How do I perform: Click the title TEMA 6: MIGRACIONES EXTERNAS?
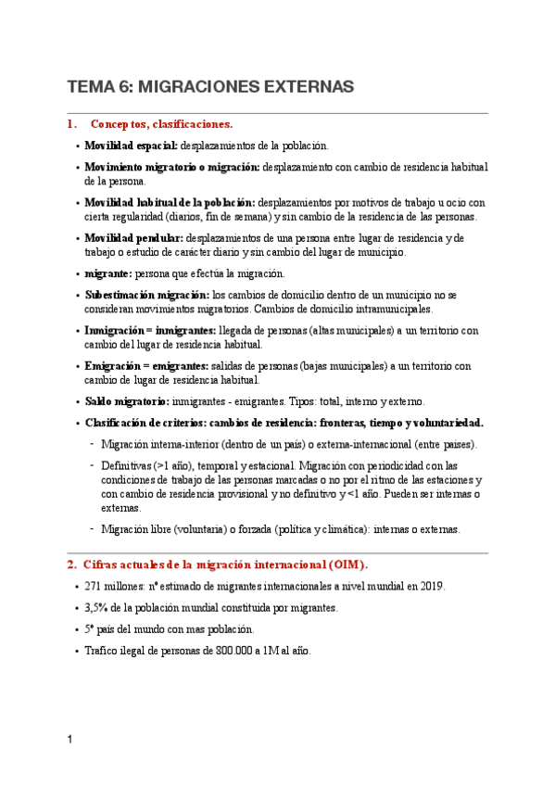point(210,87)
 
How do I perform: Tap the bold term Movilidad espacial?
point(131,146)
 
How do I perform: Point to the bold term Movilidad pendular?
point(134,238)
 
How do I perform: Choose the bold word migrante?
point(108,273)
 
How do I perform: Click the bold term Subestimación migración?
point(147,295)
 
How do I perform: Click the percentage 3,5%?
point(97,608)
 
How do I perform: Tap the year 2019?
point(432,587)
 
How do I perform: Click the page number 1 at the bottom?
point(69,740)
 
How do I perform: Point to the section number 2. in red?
point(71,564)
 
